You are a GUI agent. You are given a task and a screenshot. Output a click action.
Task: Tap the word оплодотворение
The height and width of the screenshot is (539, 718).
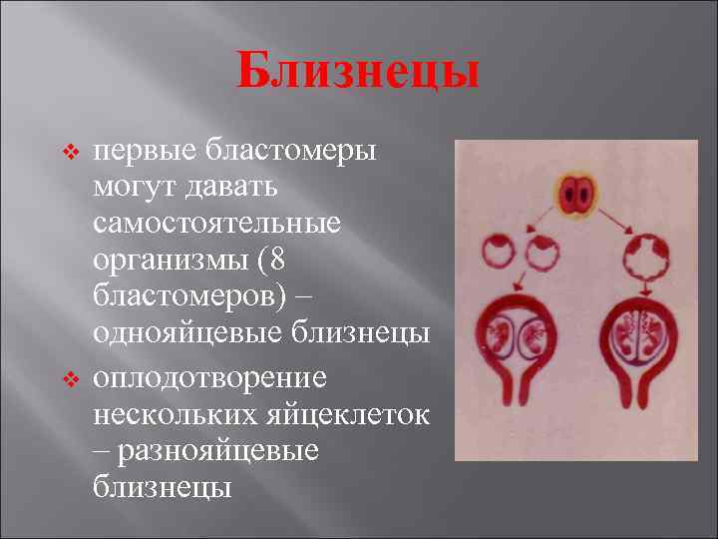(209, 378)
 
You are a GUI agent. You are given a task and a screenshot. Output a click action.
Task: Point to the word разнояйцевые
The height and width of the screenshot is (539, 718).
(219, 450)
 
